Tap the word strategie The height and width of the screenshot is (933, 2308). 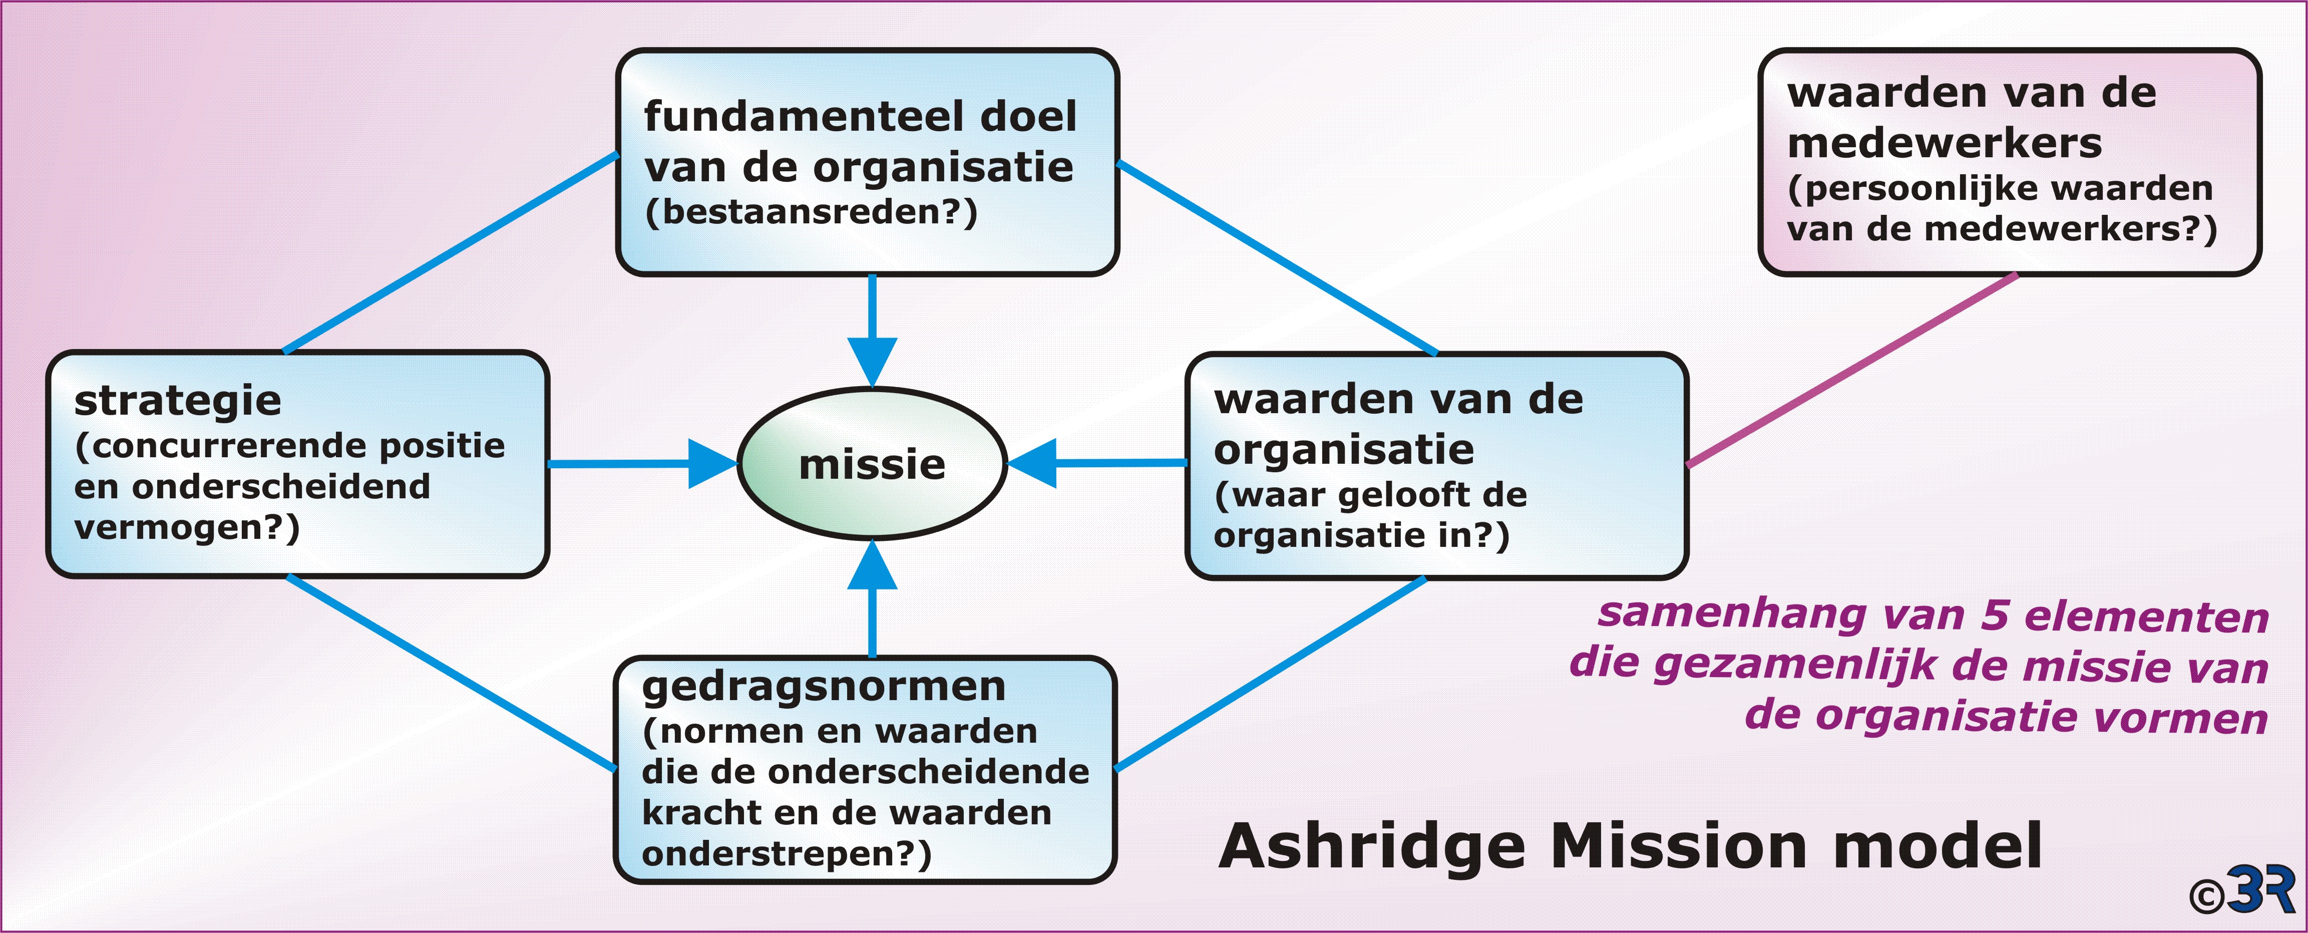tap(177, 401)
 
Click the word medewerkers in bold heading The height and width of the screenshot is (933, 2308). tap(1944, 143)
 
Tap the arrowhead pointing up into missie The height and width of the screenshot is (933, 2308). tap(872, 566)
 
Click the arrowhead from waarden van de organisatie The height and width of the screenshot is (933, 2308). tap(1033, 463)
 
